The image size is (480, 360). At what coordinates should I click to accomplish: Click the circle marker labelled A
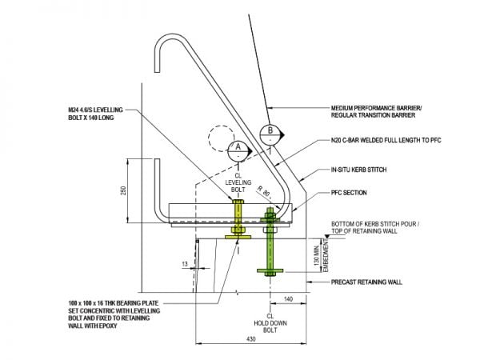pos(237,147)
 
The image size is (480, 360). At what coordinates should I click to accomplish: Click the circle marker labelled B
pos(270,131)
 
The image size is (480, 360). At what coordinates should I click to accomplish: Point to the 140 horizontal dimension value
pos(287,298)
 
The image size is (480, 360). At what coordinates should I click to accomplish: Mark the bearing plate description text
pos(114,315)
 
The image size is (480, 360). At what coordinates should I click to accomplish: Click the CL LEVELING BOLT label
pos(238,186)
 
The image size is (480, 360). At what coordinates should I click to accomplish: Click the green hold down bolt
pos(267,248)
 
